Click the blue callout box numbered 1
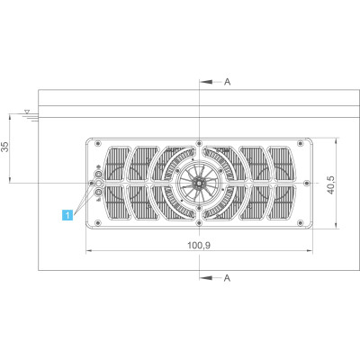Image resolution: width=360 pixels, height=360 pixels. (67, 215)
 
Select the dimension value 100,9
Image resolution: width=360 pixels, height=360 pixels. (199, 246)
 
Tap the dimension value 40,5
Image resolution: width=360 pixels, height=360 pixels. (330, 185)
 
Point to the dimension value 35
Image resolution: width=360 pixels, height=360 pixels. (5, 146)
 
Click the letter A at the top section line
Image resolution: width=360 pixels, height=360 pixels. (228, 82)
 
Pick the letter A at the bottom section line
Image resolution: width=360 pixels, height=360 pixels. (228, 278)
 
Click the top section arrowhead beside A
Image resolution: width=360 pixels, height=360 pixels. (206, 82)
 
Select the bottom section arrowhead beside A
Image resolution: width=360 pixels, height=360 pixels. (206, 278)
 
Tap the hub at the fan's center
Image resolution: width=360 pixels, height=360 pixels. (199, 183)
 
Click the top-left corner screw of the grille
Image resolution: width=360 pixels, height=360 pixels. (97, 143)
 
